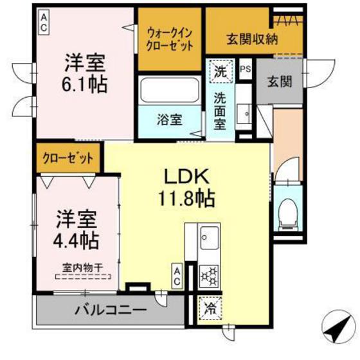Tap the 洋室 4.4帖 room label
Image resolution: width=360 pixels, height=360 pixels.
coord(76,228)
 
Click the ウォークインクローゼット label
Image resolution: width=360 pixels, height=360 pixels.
coord(170,39)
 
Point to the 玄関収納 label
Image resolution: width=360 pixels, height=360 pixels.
coord(251,39)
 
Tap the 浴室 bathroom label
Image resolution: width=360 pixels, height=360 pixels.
coord(169,119)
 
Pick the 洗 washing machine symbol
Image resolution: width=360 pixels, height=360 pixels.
coord(221,70)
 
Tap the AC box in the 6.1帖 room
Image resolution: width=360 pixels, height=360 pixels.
coord(44,22)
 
